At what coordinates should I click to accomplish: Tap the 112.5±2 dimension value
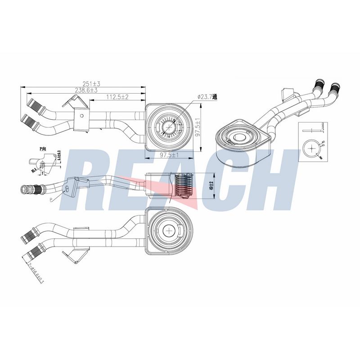pyautogui.click(x=117, y=97)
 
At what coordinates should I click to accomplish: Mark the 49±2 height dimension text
pyautogui.click(x=211, y=185)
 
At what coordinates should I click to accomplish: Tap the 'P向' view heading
pyautogui.click(x=43, y=148)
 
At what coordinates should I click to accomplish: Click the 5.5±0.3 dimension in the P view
pyautogui.click(x=59, y=157)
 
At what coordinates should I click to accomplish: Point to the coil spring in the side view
pyautogui.click(x=182, y=185)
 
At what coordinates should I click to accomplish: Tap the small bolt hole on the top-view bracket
pyautogui.click(x=81, y=115)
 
